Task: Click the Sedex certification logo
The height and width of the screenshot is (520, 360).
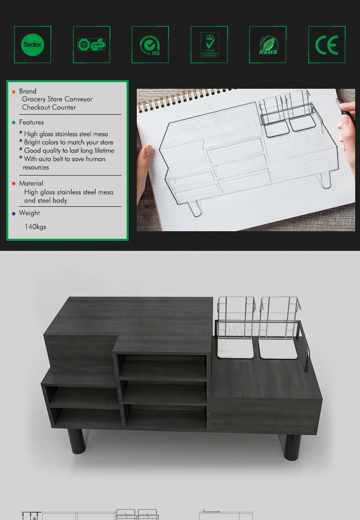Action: [33, 45]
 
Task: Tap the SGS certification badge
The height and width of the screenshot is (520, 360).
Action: [150, 45]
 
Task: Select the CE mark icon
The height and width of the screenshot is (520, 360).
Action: [327, 45]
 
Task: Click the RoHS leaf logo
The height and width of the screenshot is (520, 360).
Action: [268, 45]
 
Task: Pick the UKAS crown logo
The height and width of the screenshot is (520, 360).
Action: [209, 45]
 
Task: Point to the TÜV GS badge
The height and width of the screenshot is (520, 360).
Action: [92, 45]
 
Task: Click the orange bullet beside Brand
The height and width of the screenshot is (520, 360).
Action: [14, 91]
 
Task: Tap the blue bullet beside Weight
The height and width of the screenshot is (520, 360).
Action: [14, 213]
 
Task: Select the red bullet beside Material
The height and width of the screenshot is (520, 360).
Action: [14, 183]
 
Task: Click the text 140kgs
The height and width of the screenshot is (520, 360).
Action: [35, 226]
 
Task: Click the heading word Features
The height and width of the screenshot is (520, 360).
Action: [31, 122]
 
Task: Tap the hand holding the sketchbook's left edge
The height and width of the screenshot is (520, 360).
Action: [145, 163]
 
